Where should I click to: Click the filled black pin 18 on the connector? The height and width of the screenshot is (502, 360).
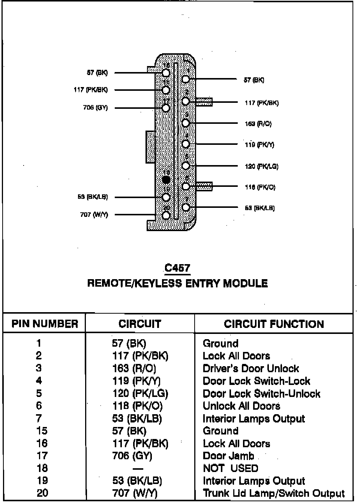pos(166,180)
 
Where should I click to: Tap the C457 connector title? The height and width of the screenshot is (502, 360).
pos(177,268)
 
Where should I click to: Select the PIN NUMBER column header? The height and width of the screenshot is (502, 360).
pos(45,324)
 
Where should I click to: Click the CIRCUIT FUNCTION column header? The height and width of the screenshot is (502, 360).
pos(274,324)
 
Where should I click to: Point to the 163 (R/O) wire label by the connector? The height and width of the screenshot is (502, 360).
pos(258,124)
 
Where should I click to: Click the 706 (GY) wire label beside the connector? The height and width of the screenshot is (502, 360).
pos(95,108)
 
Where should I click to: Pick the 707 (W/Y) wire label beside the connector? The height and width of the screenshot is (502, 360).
pos(94,215)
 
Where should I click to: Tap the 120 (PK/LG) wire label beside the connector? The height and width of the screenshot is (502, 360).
pos(261,166)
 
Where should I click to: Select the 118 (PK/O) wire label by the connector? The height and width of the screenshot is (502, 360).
pos(260,187)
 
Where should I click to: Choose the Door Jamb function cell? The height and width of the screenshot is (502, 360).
pos(228,456)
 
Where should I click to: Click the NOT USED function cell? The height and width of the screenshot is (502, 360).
pos(230,468)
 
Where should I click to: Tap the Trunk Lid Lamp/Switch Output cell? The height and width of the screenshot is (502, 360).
pos(273,493)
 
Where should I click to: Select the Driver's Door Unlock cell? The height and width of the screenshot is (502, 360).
pos(250,368)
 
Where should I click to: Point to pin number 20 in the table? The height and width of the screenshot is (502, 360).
pos(42,493)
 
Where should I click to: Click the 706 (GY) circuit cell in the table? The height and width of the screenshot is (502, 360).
pos(132,456)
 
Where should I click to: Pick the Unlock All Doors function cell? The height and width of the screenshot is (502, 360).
pos(241,406)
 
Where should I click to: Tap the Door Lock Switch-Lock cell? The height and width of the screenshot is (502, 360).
pos(256,381)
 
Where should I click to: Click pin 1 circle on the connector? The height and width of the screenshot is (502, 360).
pos(185,79)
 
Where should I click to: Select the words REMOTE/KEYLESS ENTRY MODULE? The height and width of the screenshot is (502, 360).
pos(177,283)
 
